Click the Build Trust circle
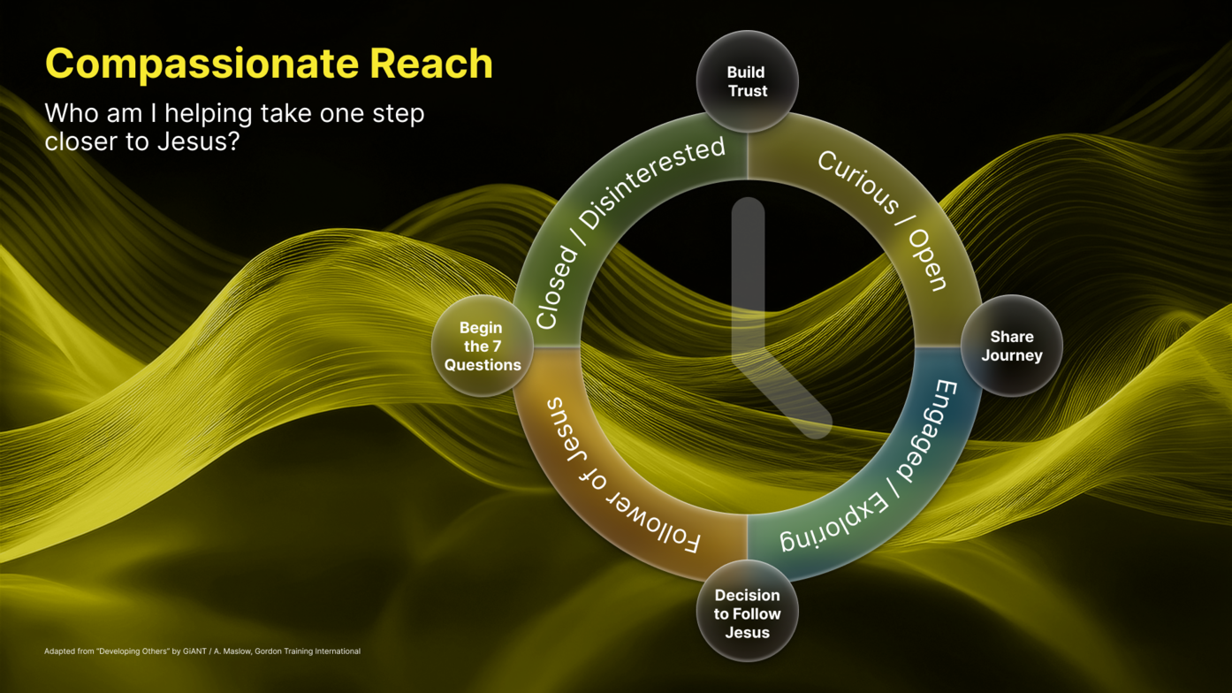coord(747,81)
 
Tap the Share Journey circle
coord(1011,346)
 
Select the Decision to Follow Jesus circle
coord(747,613)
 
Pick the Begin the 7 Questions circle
coord(482,346)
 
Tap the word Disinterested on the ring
coord(655,183)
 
